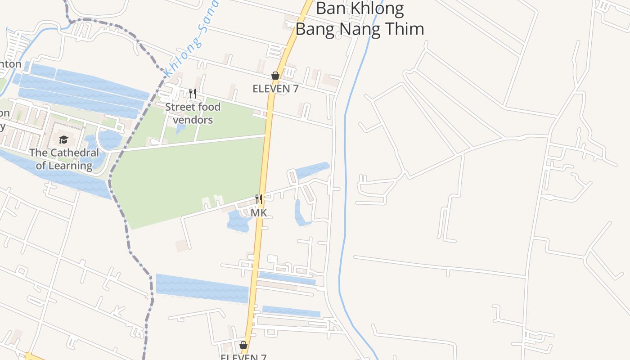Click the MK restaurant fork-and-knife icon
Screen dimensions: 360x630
[259, 199]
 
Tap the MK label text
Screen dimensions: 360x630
[259, 212]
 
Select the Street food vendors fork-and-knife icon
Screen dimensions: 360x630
[193, 94]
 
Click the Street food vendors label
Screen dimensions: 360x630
[193, 113]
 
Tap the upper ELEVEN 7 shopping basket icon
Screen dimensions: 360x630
[275, 76]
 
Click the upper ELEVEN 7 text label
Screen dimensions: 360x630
[275, 89]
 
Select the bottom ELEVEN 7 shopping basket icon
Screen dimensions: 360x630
[243, 345]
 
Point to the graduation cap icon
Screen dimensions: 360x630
[63, 139]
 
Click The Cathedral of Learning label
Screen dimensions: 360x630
[64, 159]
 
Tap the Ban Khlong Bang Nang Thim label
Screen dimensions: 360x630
[360, 18]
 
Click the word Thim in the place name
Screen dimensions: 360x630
[404, 29]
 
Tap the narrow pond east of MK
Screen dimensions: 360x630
[299, 214]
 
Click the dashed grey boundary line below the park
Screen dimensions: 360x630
[135, 256]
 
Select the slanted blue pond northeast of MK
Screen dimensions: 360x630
[312, 170]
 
